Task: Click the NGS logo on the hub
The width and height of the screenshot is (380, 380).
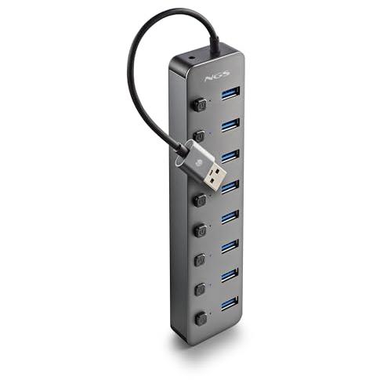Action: click(x=217, y=76)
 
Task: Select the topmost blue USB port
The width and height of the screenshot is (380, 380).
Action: click(x=230, y=93)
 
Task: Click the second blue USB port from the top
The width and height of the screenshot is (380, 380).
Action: click(x=230, y=125)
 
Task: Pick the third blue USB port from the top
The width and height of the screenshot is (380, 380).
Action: click(x=230, y=156)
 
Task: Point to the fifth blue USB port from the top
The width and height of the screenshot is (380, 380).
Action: click(x=230, y=217)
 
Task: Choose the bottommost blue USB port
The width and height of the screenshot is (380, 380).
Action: click(x=230, y=303)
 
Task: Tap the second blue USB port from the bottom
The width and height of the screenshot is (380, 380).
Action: click(x=230, y=275)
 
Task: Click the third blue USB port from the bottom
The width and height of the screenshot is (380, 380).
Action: click(x=230, y=246)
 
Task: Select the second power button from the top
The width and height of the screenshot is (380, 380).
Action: click(x=200, y=136)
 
